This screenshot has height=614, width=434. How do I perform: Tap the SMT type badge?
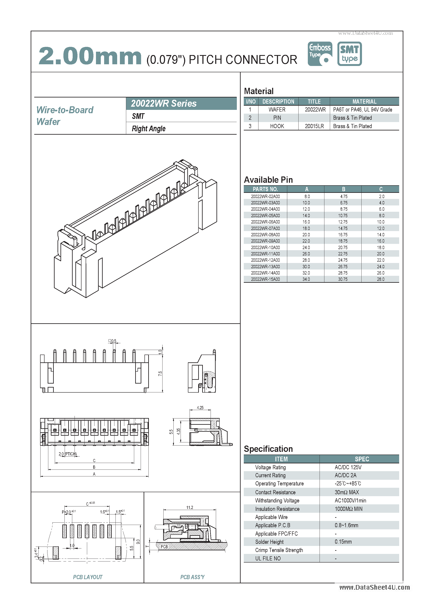click(x=349, y=54)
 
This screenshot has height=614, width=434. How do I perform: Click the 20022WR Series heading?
click(x=164, y=104)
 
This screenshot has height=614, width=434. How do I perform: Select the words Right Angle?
click(x=149, y=129)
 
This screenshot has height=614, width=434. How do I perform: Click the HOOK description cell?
click(x=277, y=126)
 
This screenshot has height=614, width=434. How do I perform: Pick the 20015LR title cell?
click(x=314, y=126)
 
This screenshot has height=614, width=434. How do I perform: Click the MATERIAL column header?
click(x=364, y=102)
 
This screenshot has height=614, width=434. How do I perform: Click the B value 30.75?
click(x=343, y=279)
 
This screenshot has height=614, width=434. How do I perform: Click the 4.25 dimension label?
click(x=200, y=408)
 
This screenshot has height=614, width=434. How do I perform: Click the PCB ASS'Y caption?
click(x=192, y=577)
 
